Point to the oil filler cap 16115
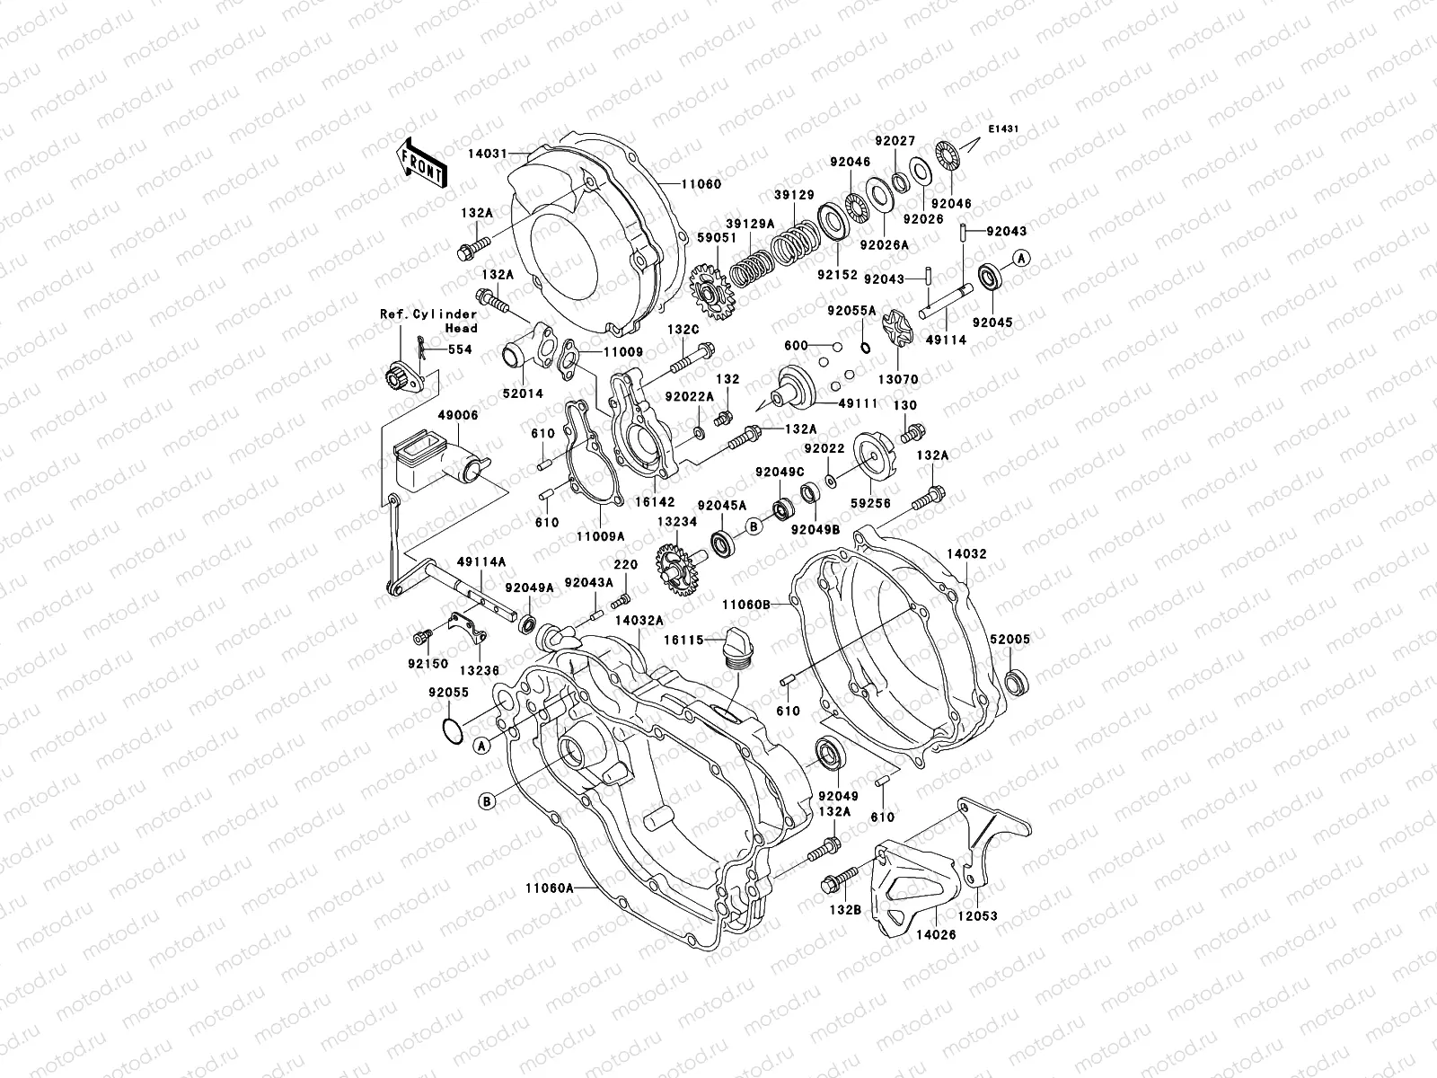tap(734, 650)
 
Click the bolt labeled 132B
tap(830, 886)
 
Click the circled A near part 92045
tap(1021, 259)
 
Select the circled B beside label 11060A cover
tap(487, 801)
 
